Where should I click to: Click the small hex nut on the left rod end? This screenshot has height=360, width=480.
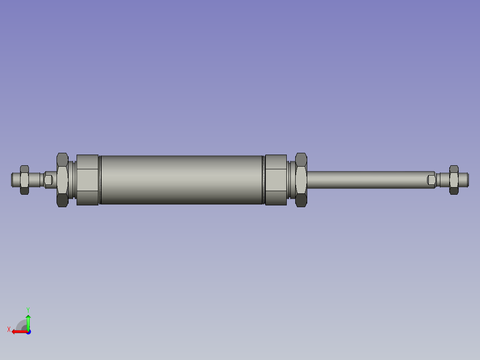click(x=24, y=180)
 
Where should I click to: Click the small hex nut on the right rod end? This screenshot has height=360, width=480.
click(x=454, y=180)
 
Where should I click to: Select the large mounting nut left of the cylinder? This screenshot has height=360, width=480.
click(x=62, y=180)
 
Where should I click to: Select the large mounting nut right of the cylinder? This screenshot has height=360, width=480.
click(x=301, y=180)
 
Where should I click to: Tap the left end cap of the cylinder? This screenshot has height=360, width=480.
click(x=87, y=180)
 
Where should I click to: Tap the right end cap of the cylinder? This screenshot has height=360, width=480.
click(x=276, y=180)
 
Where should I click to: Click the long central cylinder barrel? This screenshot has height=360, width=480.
click(x=182, y=180)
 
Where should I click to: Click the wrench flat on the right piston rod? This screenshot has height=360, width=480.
click(x=431, y=180)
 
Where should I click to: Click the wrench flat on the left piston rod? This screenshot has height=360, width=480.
click(x=49, y=180)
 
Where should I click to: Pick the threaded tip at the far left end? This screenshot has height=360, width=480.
click(x=15, y=180)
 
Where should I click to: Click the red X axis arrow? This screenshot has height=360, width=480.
click(x=18, y=331)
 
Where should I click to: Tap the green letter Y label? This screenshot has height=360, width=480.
click(x=28, y=309)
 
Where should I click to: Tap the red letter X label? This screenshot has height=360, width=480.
click(x=8, y=330)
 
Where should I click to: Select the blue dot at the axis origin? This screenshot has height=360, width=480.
click(x=28, y=331)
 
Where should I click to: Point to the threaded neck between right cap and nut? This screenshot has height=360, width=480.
click(x=291, y=180)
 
